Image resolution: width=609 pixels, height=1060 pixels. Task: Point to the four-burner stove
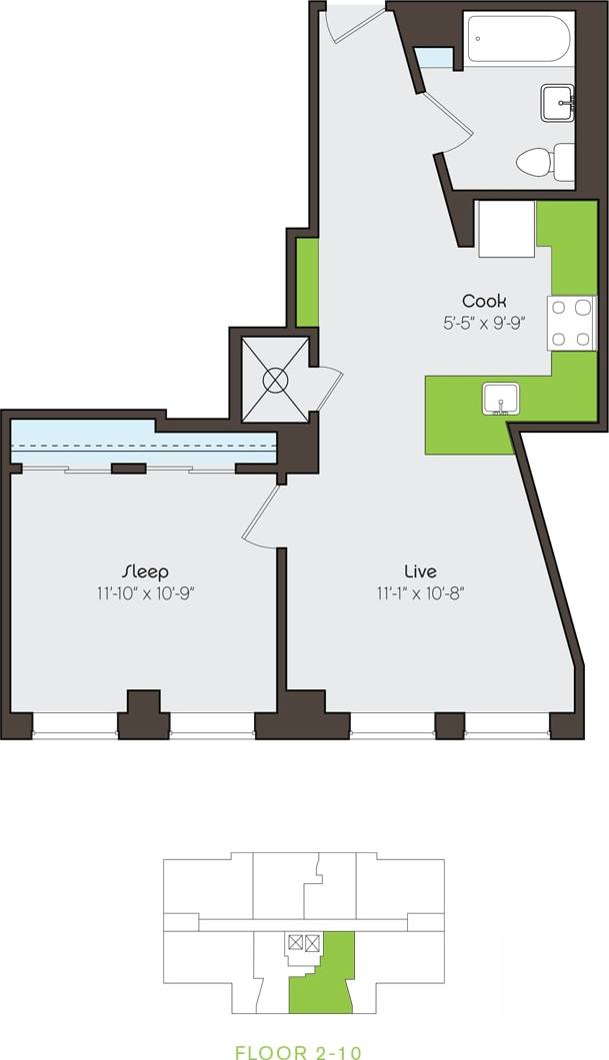(x=571, y=324)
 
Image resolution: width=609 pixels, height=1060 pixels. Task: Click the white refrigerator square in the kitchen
(x=506, y=230)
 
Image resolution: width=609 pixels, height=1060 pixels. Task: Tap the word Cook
(x=484, y=300)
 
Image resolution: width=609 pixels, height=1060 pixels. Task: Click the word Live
(x=420, y=570)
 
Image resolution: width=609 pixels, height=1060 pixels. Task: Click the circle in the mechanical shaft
(x=274, y=380)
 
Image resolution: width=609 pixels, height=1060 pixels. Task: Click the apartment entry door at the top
(x=355, y=22)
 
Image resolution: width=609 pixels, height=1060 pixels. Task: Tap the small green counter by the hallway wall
(x=308, y=282)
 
